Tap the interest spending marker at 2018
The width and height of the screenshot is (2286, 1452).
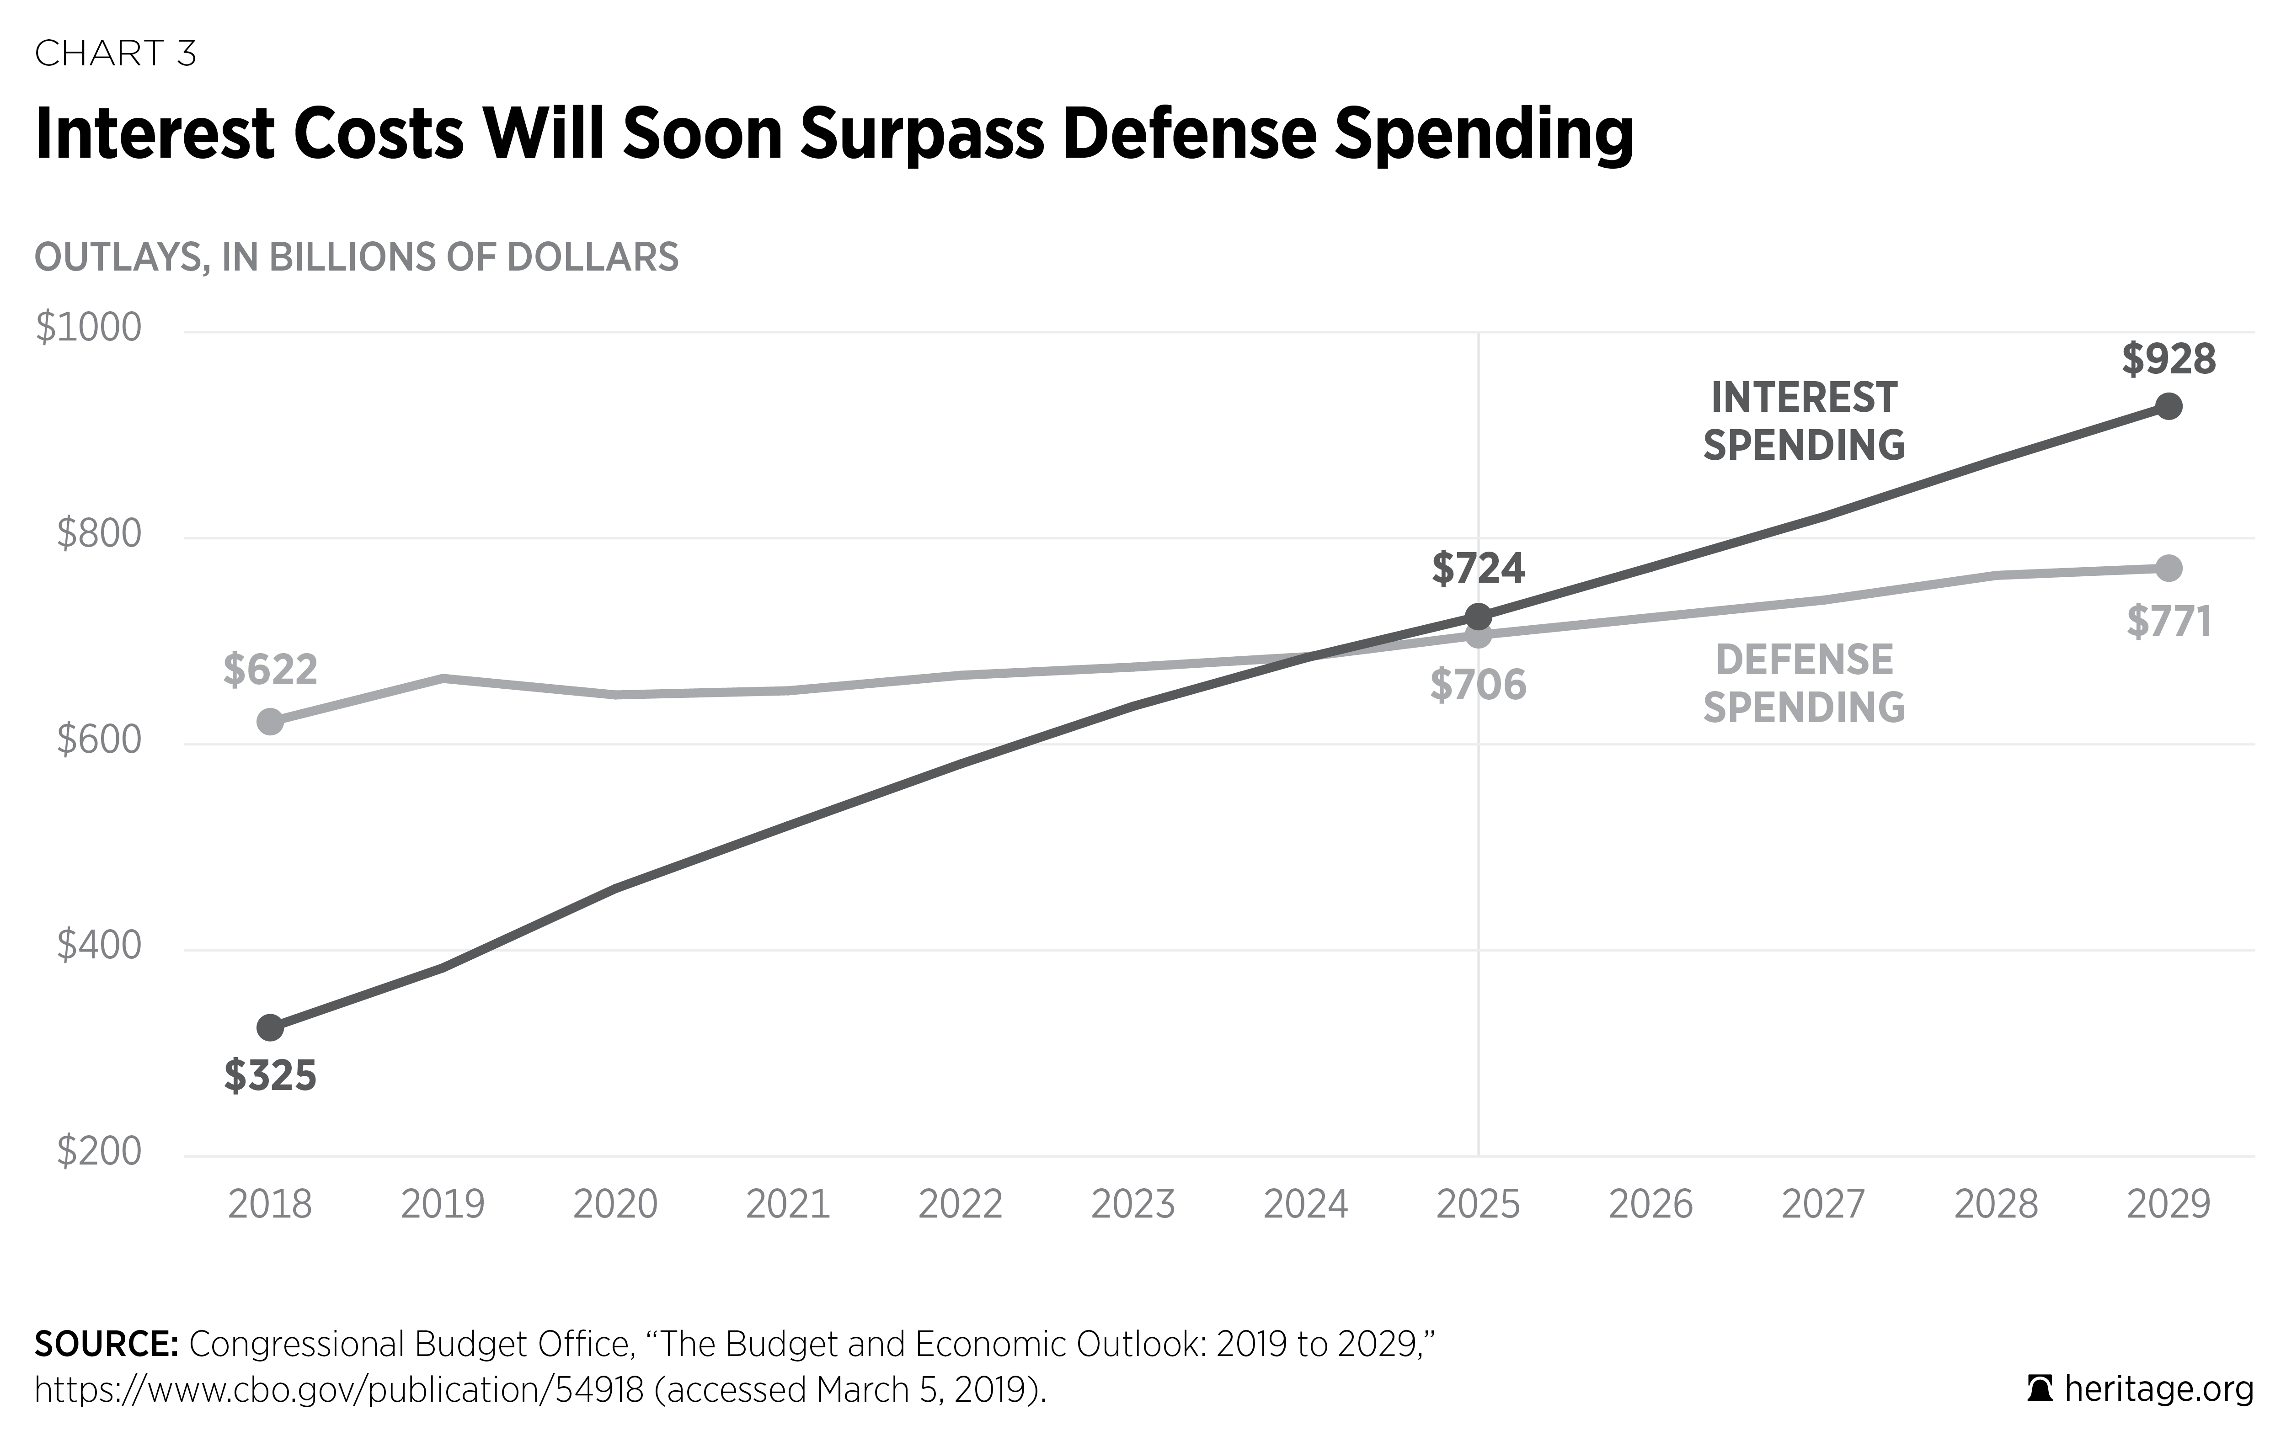[x=271, y=1027]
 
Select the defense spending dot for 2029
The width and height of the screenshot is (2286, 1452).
[x=2168, y=569]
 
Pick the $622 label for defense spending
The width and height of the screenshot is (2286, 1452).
[x=271, y=670]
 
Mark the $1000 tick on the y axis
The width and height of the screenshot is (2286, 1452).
[x=88, y=327]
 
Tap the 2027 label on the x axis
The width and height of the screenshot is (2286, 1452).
[x=1823, y=1204]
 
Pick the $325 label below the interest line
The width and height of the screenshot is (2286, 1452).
[x=271, y=1076]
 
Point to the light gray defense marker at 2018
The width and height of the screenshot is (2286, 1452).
[x=271, y=721]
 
